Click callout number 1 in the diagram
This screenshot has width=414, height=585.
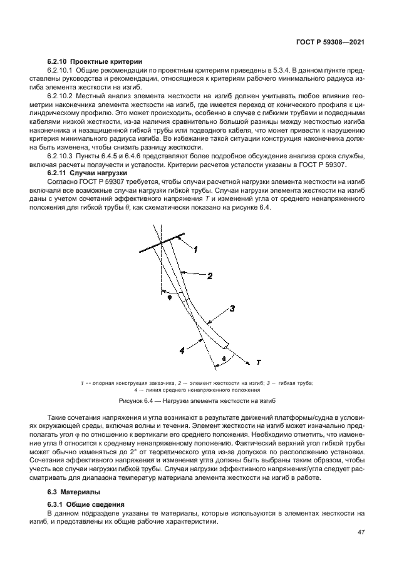click(x=195, y=249)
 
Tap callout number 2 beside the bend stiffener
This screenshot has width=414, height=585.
click(x=210, y=275)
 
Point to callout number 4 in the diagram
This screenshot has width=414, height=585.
click(x=182, y=351)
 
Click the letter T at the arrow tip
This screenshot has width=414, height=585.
click(x=257, y=362)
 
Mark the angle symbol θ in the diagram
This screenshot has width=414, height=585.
click(x=225, y=359)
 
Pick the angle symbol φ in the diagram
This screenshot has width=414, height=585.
click(x=168, y=298)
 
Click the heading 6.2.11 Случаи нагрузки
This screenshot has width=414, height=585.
click(x=88, y=172)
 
